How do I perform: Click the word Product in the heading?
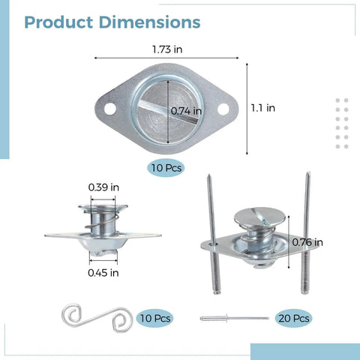click(x=58, y=22)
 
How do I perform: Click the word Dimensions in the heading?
click(x=150, y=22)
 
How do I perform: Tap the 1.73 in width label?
click(x=167, y=49)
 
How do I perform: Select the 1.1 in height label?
click(x=263, y=108)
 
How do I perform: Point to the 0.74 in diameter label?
click(x=186, y=111)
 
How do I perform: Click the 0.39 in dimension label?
click(x=103, y=187)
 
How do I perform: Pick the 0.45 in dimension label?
click(x=103, y=273)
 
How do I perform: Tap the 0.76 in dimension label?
click(x=307, y=242)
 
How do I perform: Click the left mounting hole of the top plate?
click(x=110, y=109)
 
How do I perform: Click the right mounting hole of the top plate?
click(x=223, y=109)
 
